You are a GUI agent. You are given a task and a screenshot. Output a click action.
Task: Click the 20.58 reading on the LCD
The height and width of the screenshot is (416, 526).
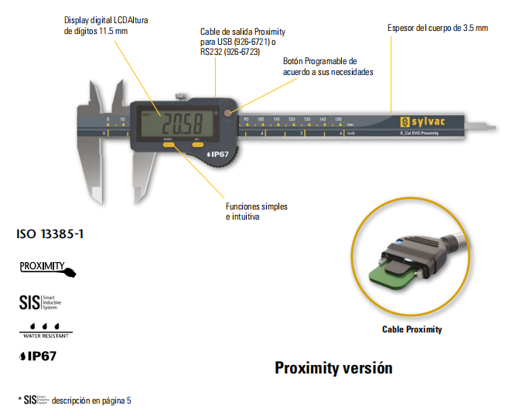[182, 123]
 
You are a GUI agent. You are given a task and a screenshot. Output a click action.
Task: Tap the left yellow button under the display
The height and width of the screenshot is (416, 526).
[168, 144]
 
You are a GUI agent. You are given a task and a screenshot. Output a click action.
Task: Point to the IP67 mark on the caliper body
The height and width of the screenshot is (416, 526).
[218, 154]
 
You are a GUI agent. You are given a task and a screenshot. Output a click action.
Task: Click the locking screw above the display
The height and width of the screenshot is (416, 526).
[181, 97]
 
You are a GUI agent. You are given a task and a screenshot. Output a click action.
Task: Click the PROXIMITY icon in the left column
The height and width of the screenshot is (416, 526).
[47, 268]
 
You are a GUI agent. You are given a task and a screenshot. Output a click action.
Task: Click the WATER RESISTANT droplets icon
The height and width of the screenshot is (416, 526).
[44, 330]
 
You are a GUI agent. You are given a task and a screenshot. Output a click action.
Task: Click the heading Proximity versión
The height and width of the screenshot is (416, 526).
[333, 368]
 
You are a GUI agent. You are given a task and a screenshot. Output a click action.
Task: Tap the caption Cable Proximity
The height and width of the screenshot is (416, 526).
[412, 329]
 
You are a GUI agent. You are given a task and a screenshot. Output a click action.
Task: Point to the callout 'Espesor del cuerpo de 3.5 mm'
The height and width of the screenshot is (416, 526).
[438, 28]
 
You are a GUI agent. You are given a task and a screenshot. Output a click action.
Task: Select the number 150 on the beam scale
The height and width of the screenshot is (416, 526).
[338, 120]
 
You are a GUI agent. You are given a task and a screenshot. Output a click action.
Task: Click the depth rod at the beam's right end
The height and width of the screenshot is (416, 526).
[483, 124]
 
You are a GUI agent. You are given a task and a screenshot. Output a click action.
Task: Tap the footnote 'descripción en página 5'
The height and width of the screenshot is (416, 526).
[91, 401]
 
